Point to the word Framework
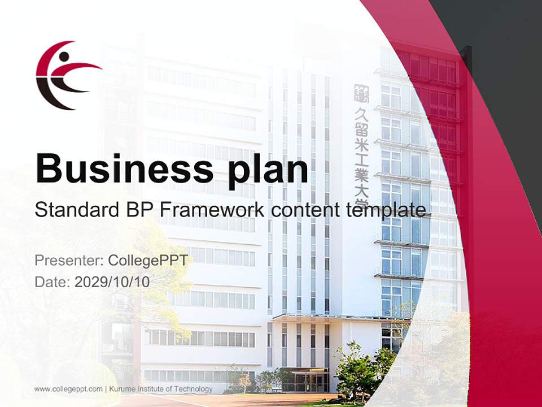pyautogui.click(x=212, y=210)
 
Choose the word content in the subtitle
pyautogui.click(x=305, y=210)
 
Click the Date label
pyautogui.click(x=53, y=282)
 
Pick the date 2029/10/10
pyautogui.click(x=112, y=282)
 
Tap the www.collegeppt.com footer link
pyautogui.click(x=68, y=389)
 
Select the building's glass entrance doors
pyautogui.click(x=305, y=379)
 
